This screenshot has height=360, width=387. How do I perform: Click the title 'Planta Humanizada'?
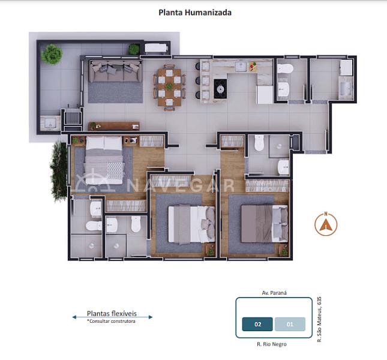195,12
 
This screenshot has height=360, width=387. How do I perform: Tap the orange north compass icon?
326,224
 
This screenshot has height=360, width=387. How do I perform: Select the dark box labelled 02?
257,325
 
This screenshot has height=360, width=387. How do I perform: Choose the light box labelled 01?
290,325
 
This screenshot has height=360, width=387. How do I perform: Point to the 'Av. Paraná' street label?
274,293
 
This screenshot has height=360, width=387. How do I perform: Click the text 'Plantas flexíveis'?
112,313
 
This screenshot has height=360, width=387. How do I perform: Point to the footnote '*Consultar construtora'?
112,321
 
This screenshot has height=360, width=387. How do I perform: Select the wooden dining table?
169,88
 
